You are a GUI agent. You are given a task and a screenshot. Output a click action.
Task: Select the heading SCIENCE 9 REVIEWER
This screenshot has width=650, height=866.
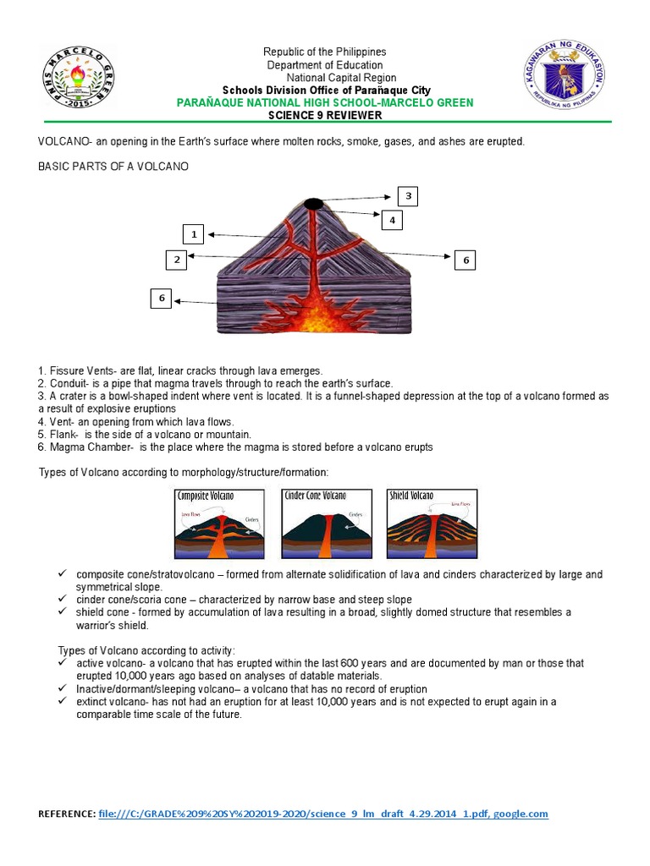(325, 115)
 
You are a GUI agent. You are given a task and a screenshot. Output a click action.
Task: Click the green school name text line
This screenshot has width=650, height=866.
(325, 102)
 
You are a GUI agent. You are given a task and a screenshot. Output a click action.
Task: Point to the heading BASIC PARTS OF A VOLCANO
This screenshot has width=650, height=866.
(113, 167)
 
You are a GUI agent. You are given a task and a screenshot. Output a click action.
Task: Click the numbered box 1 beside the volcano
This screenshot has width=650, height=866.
(194, 234)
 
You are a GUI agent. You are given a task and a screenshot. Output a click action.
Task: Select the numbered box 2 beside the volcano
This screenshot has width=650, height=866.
(177, 260)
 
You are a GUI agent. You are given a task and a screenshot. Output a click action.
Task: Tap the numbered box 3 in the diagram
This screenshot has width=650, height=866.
(408, 197)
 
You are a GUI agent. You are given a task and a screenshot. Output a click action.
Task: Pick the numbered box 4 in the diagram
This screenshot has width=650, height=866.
(392, 221)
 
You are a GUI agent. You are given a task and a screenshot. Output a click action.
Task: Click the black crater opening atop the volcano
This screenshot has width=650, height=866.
(312, 203)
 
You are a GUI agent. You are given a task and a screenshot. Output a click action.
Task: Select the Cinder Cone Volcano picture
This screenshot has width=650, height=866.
(325, 523)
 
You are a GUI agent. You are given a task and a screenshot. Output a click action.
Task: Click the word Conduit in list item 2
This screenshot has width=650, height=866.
(66, 383)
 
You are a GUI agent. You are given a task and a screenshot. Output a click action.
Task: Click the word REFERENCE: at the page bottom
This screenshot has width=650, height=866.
(67, 814)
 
